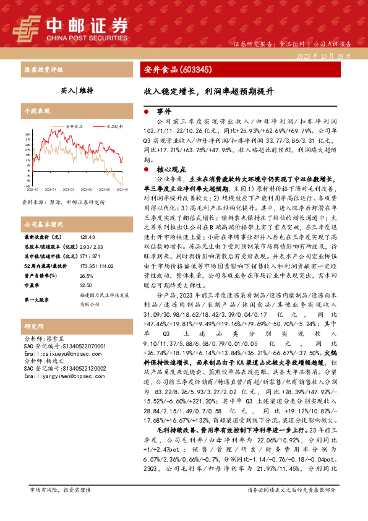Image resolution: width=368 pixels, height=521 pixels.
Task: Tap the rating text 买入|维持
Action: click(77, 90)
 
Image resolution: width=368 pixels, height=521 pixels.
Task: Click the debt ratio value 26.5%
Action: click(86, 274)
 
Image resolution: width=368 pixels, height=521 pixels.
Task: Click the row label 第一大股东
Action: click(38, 299)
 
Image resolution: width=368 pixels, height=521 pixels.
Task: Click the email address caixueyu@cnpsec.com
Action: click(56, 353)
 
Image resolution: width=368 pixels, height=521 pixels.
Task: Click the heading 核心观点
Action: click(170, 169)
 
